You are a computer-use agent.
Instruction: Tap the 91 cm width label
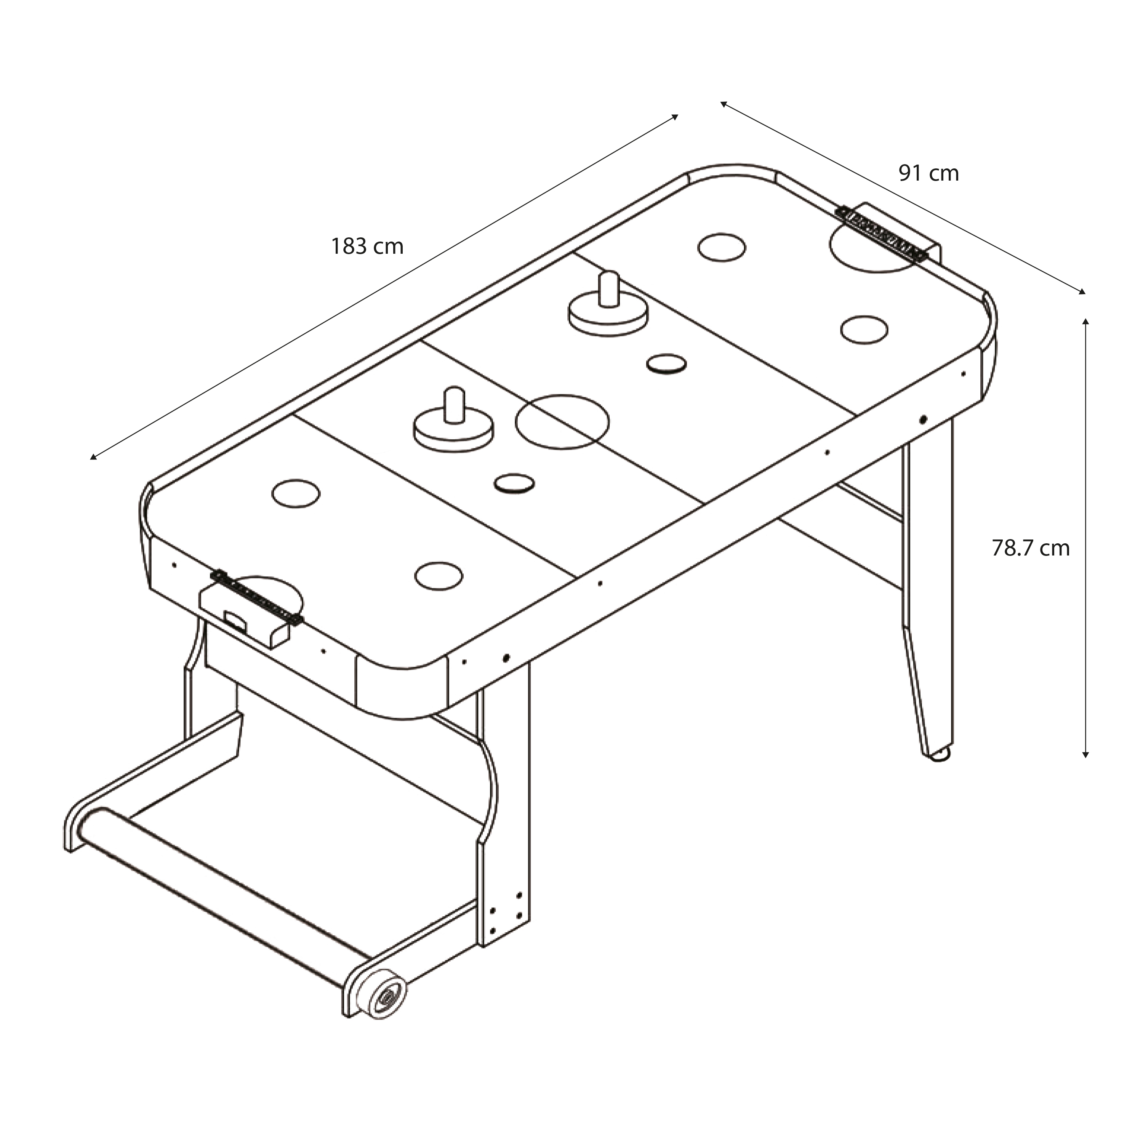(928, 173)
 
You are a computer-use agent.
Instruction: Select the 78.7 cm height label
(1031, 548)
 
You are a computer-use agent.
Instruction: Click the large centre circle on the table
(562, 422)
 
